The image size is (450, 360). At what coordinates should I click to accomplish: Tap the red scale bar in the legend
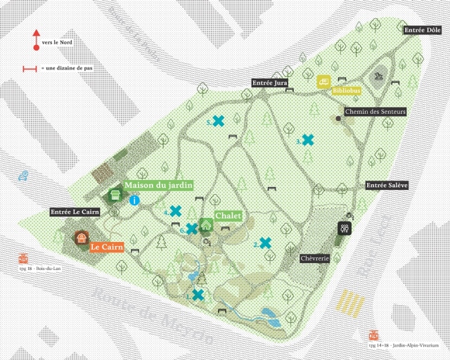pos(30,69)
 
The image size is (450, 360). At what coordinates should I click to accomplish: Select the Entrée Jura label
pos(271,83)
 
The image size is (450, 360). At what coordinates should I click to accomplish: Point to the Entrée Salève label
pos(387,185)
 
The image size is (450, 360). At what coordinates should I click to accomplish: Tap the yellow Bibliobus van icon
pos(323,82)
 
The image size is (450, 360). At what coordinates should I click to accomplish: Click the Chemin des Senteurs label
pos(376,111)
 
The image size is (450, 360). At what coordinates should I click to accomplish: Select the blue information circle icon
pos(134,200)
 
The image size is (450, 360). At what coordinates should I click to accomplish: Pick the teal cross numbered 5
pos(219,121)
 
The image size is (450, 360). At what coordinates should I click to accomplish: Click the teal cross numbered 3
pos(308,139)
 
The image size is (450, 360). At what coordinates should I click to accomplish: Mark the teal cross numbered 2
pos(265,243)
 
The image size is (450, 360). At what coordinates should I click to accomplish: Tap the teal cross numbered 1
pos(198,295)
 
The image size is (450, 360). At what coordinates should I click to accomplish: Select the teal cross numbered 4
pos(175,210)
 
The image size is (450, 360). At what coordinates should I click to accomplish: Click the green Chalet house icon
pos(206,224)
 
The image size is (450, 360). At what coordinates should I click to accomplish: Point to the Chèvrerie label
pos(315,258)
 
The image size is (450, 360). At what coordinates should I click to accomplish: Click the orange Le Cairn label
pos(107,247)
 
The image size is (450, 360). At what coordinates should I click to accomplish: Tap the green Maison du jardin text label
pos(158,185)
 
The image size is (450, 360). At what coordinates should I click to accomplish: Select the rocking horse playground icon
pos(379,74)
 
